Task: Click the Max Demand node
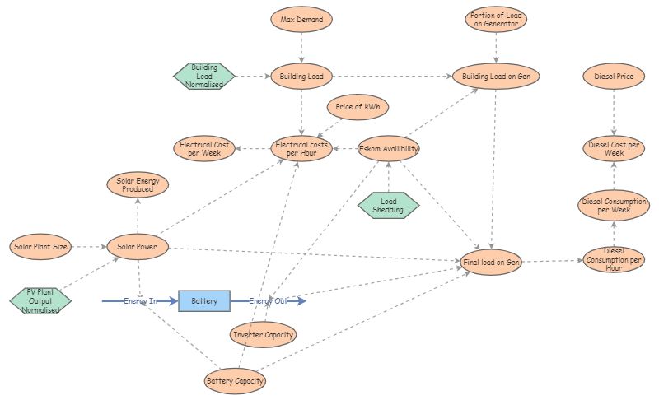[x=301, y=18]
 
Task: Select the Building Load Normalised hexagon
[x=204, y=76]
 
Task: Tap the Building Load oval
[x=301, y=77]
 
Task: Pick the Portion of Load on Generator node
[x=495, y=19]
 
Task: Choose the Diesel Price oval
[x=614, y=77]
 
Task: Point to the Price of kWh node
[x=358, y=108]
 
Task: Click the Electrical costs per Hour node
[x=301, y=149]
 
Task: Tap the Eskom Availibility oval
[x=389, y=149]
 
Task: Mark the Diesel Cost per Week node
[x=614, y=149]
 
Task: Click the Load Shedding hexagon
[x=389, y=206]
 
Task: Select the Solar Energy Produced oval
[x=138, y=184]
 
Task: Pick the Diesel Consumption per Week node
[x=614, y=206]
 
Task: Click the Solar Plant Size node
[x=41, y=246]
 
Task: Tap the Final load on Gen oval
[x=492, y=263]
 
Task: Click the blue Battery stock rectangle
[x=204, y=301]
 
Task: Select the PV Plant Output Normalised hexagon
[x=41, y=300]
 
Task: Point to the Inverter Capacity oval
[x=262, y=334]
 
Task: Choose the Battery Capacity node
[x=236, y=381]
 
